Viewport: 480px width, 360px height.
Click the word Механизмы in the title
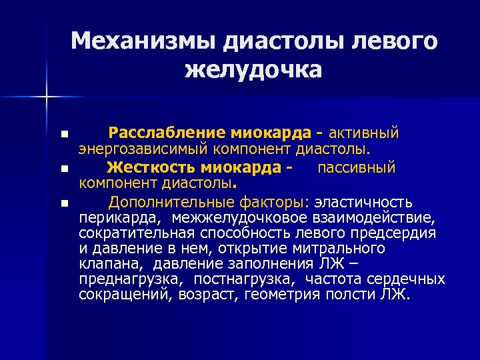[x=142, y=41]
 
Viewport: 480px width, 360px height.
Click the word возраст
[x=217, y=294]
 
